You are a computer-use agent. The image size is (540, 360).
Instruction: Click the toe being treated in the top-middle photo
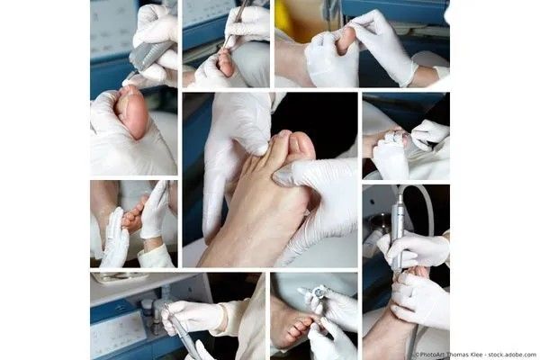pos(226,63)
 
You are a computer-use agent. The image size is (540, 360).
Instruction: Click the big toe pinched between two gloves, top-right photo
pos(346,40)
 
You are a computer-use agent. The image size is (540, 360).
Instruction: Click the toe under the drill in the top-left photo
pos(132,110)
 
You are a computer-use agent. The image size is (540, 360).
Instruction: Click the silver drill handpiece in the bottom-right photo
pos(397,231)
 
